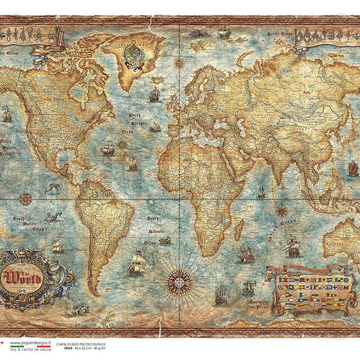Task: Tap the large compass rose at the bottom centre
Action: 178,282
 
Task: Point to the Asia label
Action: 306,93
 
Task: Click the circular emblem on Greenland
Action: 132,55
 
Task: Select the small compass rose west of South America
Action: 26,198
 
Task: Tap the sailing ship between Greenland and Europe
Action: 155,94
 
